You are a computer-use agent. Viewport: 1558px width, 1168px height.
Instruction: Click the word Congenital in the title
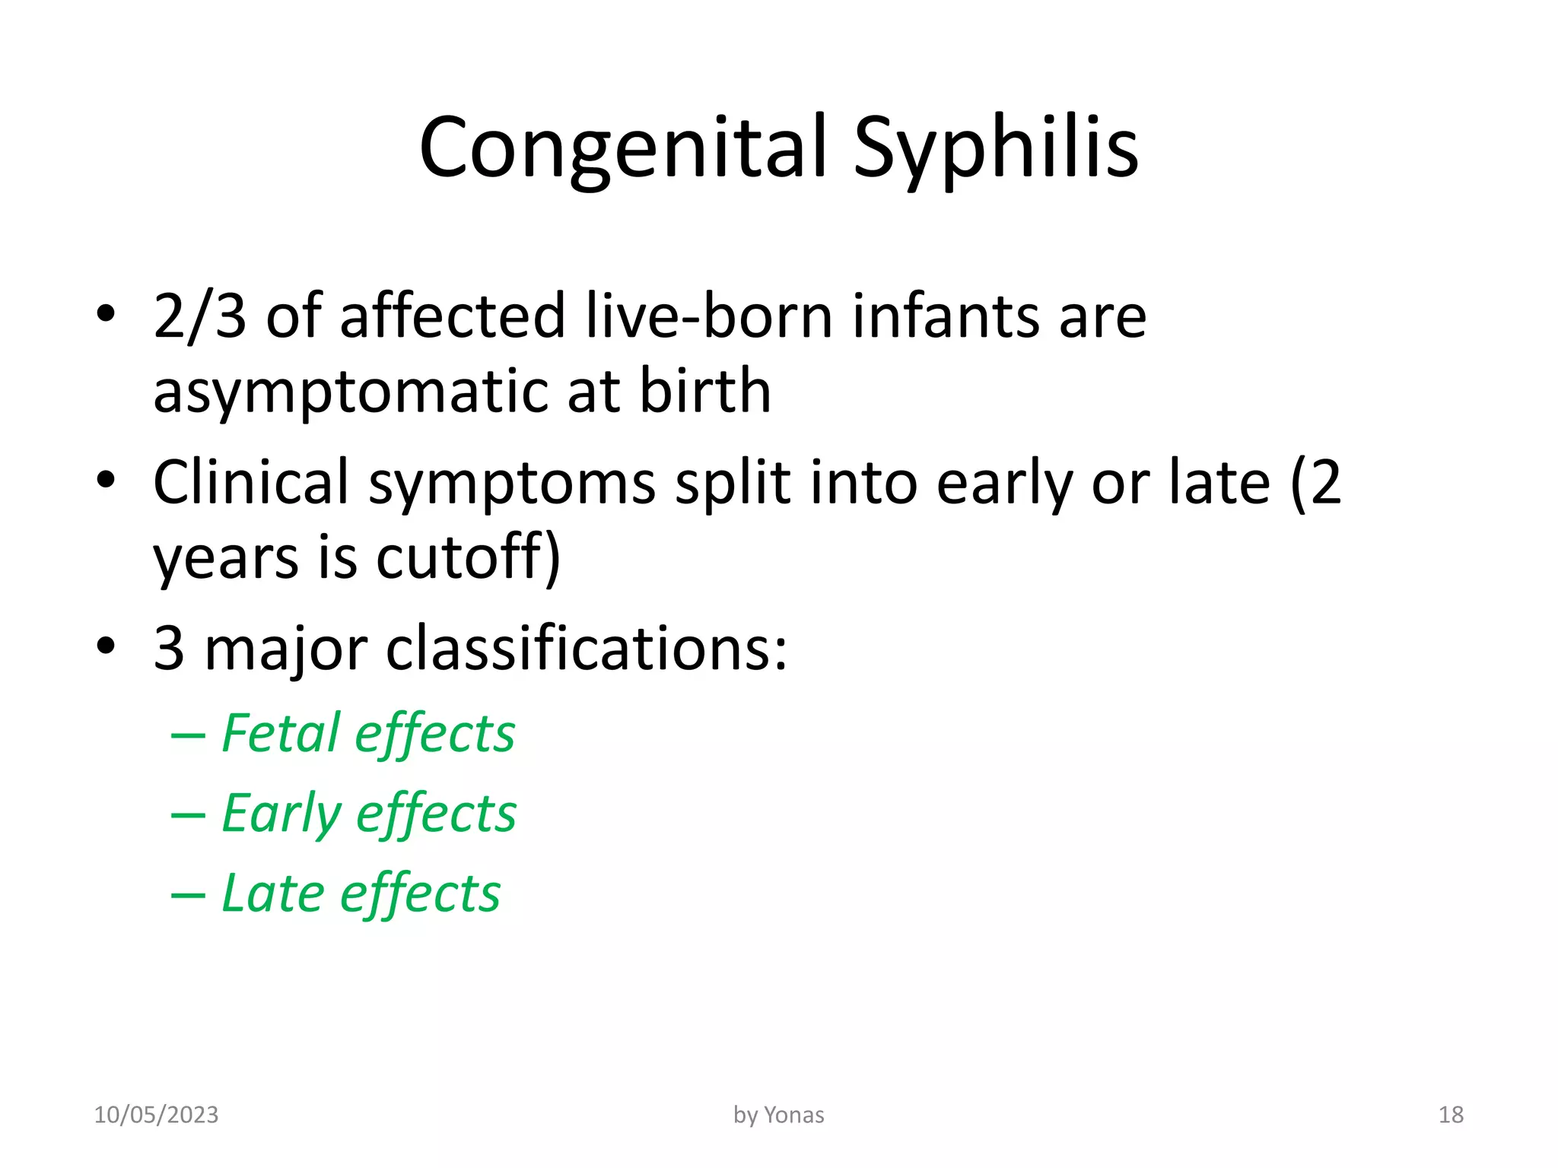[622, 148]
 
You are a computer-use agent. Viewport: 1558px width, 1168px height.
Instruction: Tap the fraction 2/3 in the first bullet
[199, 316]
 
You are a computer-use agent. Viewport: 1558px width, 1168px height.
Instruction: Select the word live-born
[709, 316]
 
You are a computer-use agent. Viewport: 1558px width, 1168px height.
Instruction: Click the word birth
[704, 390]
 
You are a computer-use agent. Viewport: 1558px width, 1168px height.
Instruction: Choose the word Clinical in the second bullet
[251, 483]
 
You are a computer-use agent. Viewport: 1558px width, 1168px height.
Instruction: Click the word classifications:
[587, 649]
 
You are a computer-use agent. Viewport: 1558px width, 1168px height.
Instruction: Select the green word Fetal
[281, 734]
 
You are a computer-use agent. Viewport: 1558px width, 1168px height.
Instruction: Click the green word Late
[272, 893]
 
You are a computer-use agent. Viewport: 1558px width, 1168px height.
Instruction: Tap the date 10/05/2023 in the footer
[156, 1115]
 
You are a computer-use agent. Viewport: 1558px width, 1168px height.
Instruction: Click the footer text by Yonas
[778, 1115]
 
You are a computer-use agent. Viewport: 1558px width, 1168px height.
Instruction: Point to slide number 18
[1451, 1115]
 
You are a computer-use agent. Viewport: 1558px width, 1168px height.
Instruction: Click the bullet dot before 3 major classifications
[106, 646]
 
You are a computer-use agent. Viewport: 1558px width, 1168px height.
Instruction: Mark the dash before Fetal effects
[188, 736]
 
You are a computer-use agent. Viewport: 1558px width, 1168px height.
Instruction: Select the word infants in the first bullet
[946, 316]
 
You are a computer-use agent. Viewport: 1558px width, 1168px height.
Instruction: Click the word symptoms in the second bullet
[511, 484]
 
